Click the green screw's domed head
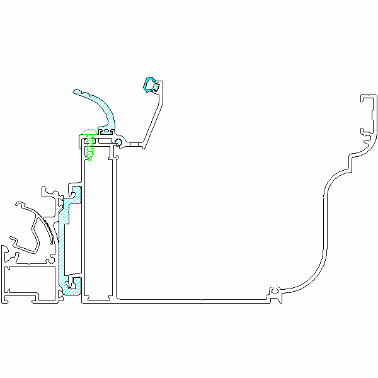point(89,134)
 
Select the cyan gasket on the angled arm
point(150,84)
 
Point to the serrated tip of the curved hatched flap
point(77,93)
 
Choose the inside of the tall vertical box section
point(99,227)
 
